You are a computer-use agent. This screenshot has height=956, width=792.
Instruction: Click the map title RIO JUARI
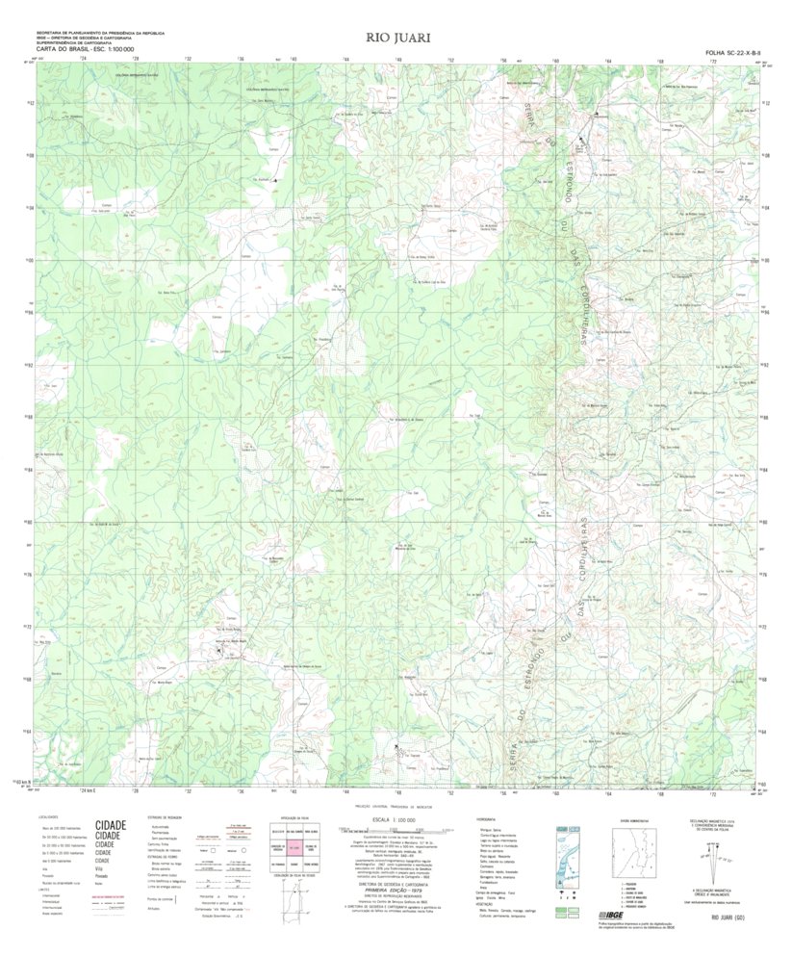click(396, 38)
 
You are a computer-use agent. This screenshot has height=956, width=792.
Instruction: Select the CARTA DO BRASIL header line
click(86, 47)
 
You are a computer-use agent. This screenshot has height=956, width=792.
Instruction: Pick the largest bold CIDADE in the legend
click(110, 826)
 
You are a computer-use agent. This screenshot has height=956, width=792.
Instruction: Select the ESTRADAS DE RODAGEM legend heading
click(166, 818)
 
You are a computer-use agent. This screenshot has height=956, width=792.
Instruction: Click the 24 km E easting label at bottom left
click(89, 790)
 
